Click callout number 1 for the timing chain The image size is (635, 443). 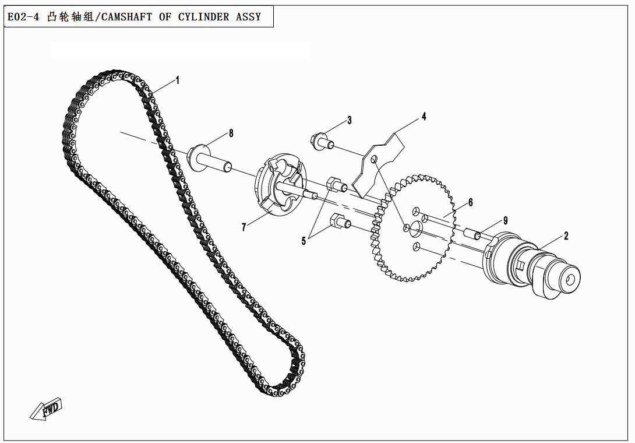pos(178,80)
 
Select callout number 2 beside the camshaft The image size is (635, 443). pos(566,236)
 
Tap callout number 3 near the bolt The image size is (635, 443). pos(349,121)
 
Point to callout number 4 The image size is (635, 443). pos(424,117)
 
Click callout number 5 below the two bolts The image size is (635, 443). pos(304,241)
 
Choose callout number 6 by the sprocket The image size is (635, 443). pos(470,203)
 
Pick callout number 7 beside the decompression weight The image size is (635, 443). pos(244,227)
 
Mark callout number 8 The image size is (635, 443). pos(231,133)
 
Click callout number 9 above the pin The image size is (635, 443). pos(506,220)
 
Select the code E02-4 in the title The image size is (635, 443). pos(23,17)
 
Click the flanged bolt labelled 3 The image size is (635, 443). pos(322,142)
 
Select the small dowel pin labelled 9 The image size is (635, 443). pos(474,235)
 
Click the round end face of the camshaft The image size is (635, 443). pos(569,280)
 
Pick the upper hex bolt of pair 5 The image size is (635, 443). pos(337,185)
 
